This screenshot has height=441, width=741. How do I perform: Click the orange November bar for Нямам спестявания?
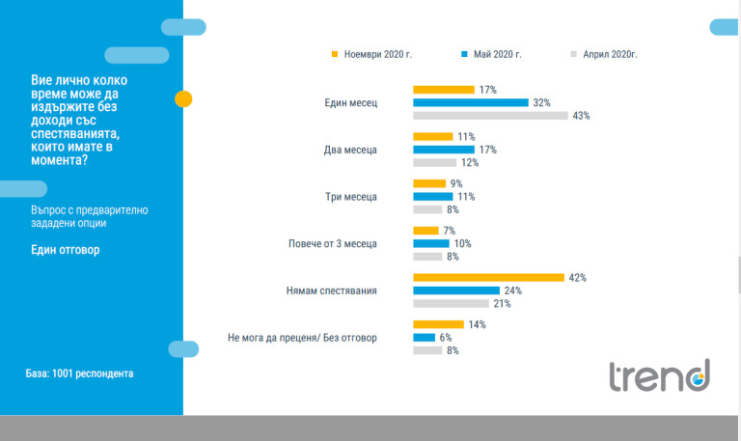pyautogui.click(x=488, y=278)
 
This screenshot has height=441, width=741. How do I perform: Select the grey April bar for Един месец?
pyautogui.click(x=490, y=116)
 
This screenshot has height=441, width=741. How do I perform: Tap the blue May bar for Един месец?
pyautogui.click(x=471, y=102)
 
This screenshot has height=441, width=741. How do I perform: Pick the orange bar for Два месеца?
pyautogui.click(x=432, y=137)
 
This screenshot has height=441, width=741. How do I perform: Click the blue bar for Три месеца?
pyautogui.click(x=432, y=197)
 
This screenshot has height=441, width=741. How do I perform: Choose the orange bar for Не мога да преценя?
pyautogui.click(x=438, y=325)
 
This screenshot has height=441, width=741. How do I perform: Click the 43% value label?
pyautogui.click(x=581, y=116)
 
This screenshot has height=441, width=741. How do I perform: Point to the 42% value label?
pyautogui.click(x=578, y=278)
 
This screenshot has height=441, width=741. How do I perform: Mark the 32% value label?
pyautogui.click(x=541, y=102)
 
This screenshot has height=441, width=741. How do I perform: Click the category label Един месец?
pyautogui.click(x=351, y=102)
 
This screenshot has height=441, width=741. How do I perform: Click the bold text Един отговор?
pyautogui.click(x=66, y=250)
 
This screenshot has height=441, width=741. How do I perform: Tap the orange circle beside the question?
pyautogui.click(x=183, y=98)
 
